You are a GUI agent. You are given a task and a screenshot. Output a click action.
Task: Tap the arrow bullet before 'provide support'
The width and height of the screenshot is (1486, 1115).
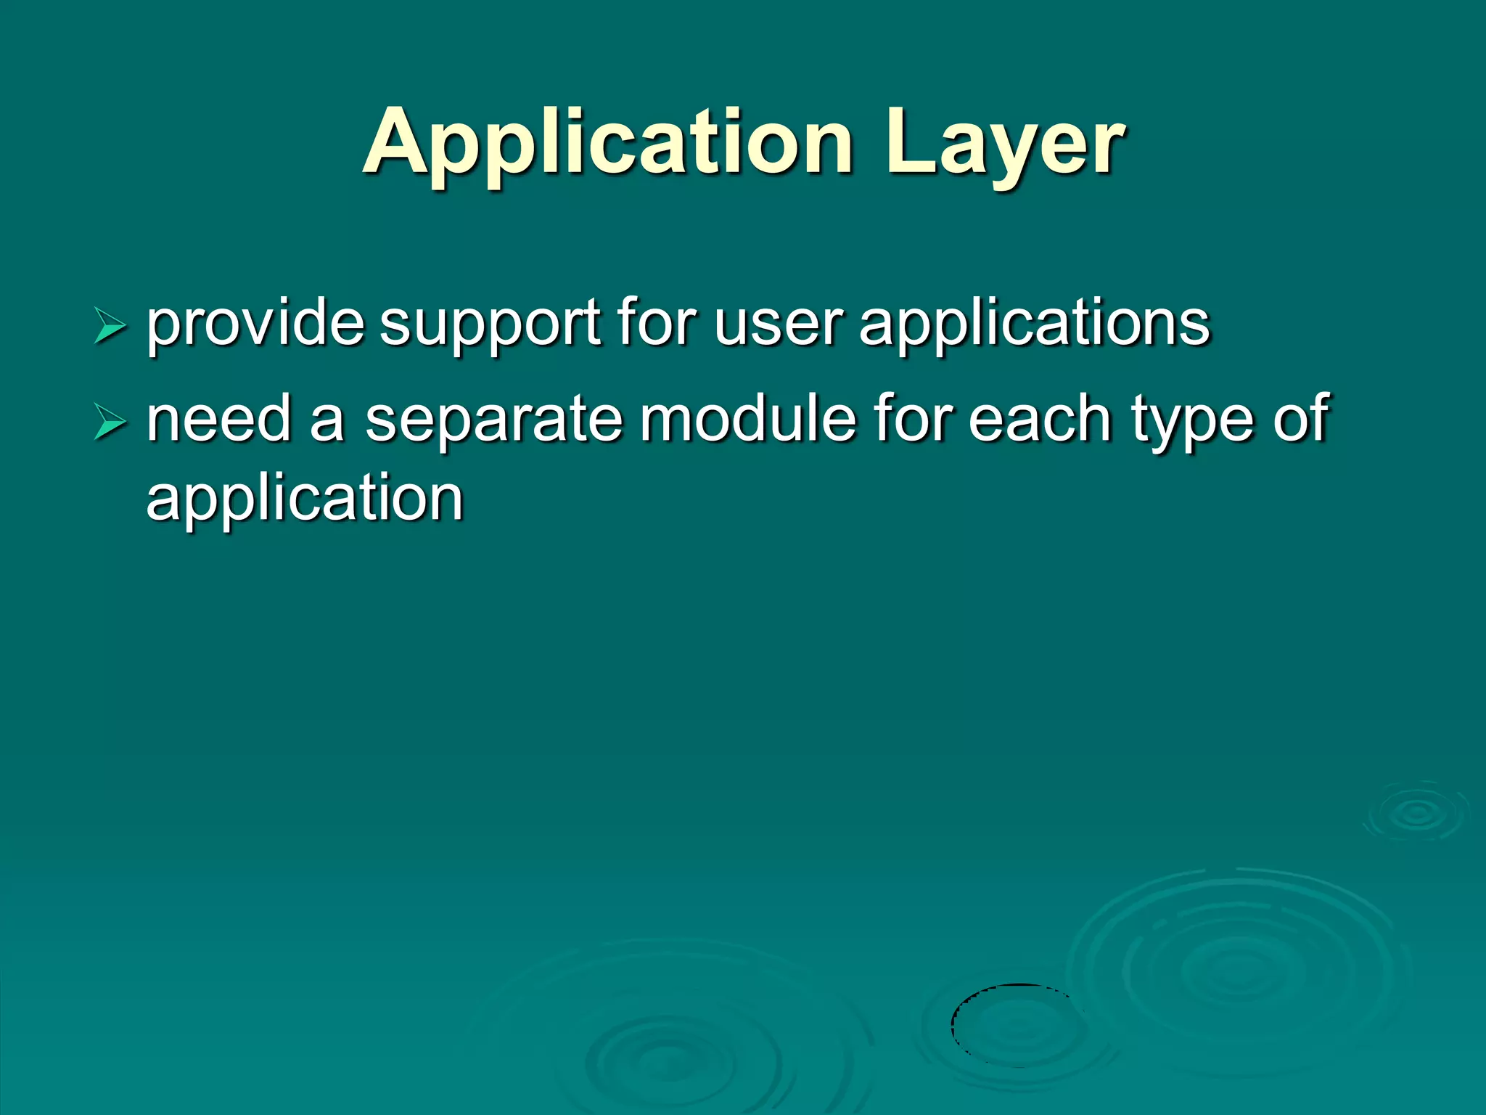(110, 326)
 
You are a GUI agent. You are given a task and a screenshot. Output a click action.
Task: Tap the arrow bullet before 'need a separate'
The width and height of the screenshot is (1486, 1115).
(110, 422)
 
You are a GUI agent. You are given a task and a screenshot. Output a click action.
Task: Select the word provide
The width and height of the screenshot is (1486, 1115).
(255, 323)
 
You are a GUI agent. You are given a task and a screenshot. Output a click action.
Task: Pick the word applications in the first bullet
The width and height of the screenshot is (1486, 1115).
(1035, 324)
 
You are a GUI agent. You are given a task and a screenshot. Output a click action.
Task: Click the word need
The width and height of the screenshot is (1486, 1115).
(218, 420)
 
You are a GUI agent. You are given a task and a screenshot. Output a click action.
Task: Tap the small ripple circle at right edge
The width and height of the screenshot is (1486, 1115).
(1416, 812)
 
